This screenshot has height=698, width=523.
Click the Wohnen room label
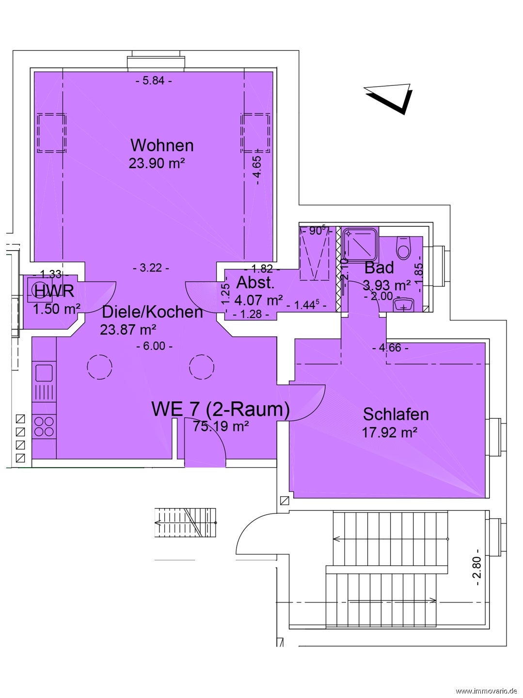click(162, 145)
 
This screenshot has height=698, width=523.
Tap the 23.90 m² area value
click(157, 163)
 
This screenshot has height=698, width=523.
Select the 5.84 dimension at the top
click(154, 81)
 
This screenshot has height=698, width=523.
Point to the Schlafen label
click(396, 414)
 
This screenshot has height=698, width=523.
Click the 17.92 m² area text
click(390, 432)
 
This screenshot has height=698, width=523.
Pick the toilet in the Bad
click(404, 247)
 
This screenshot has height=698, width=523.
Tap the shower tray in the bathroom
click(361, 243)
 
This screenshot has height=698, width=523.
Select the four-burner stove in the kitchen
click(44, 427)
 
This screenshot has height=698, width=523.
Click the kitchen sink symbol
click(44, 373)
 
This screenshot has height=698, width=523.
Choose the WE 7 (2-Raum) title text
click(221, 409)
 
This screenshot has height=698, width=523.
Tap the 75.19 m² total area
click(221, 426)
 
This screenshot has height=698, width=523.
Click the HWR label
click(54, 291)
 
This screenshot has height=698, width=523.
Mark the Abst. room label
click(255, 283)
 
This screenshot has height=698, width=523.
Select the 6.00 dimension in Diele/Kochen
click(155, 346)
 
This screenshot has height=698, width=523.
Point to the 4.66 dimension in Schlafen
click(390, 348)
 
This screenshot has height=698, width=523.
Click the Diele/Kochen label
click(152, 312)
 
